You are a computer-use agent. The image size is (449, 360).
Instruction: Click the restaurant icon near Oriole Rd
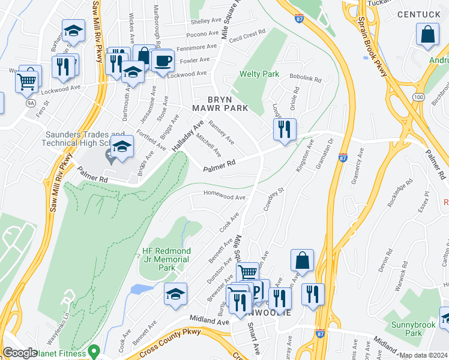[x=284, y=128]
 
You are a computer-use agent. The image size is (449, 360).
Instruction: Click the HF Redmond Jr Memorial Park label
[x=166, y=255]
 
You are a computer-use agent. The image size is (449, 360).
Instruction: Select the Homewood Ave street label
[x=224, y=197]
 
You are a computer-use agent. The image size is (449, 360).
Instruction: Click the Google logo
[x=19, y=353]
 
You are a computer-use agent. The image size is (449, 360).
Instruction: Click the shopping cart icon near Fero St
[x=27, y=80]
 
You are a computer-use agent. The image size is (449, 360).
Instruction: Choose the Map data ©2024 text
[x=423, y=355]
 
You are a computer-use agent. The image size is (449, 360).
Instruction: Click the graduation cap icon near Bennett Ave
[x=175, y=294]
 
